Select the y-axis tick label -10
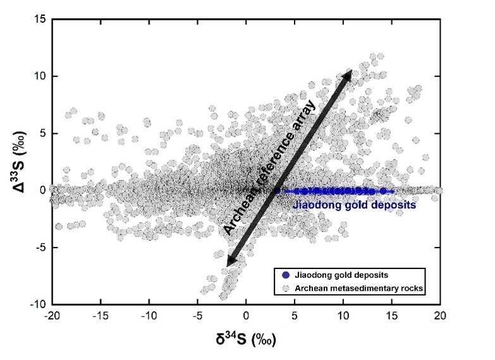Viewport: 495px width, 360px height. click(x=37, y=304)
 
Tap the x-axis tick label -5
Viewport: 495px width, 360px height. click(x=197, y=316)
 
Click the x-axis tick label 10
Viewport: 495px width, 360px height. click(x=343, y=316)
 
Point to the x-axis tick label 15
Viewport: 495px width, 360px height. click(x=392, y=316)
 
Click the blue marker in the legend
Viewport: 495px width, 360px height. click(x=286, y=275)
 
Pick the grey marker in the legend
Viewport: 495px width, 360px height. click(x=286, y=289)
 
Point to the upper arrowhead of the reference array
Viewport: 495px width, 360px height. click(x=348, y=76)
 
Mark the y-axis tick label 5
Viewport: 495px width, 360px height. click(x=39, y=133)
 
